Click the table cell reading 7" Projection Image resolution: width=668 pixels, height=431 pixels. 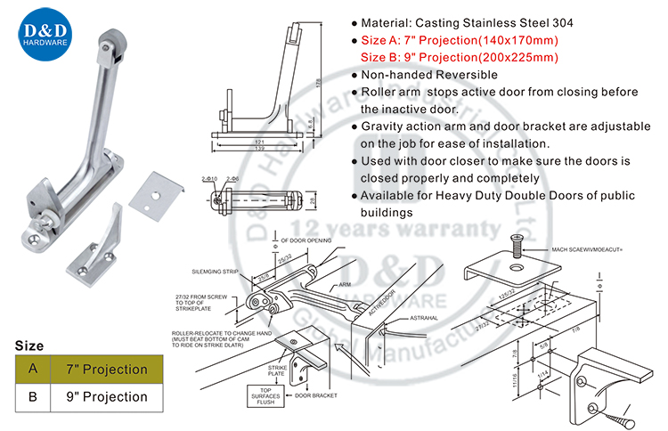pos(112,369)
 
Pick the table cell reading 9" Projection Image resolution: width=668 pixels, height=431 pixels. pos(112,396)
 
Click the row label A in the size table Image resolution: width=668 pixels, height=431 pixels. pos(33,369)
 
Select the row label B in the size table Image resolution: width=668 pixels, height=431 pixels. pos(33,396)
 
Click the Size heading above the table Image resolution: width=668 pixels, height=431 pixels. pos(29,345)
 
